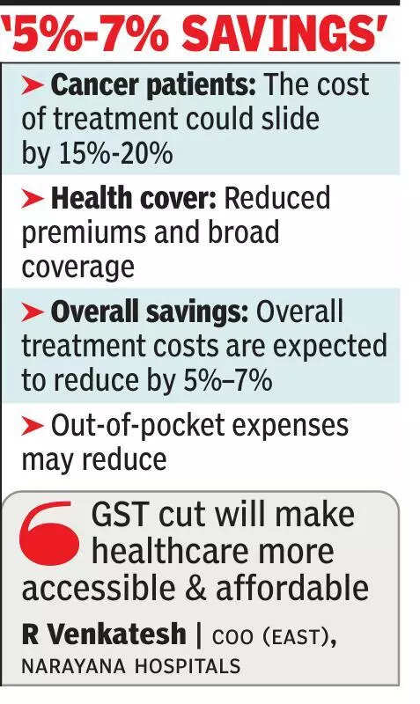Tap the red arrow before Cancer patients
pyautogui.click(x=33, y=85)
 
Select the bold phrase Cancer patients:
pyautogui.click(x=153, y=85)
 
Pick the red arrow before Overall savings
pyautogui.click(x=33, y=312)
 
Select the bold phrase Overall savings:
pyautogui.click(x=151, y=312)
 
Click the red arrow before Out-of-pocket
pyautogui.click(x=33, y=426)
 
